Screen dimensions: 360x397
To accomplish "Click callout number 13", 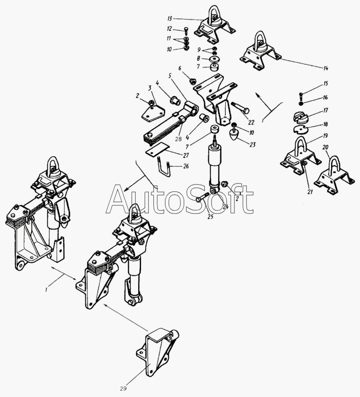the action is [169, 19].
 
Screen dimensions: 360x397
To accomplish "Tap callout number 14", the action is [326, 68].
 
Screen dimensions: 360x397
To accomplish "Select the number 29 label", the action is [123, 388].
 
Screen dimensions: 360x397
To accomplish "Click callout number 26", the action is [186, 166].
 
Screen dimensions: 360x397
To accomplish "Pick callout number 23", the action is [253, 145].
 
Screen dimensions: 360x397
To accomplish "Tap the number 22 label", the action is [251, 122].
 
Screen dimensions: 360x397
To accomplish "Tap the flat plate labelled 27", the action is [157, 149].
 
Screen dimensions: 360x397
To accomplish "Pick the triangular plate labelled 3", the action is [153, 114].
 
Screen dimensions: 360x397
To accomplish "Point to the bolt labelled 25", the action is [203, 197].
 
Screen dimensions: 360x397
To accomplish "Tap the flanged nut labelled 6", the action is [193, 81].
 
